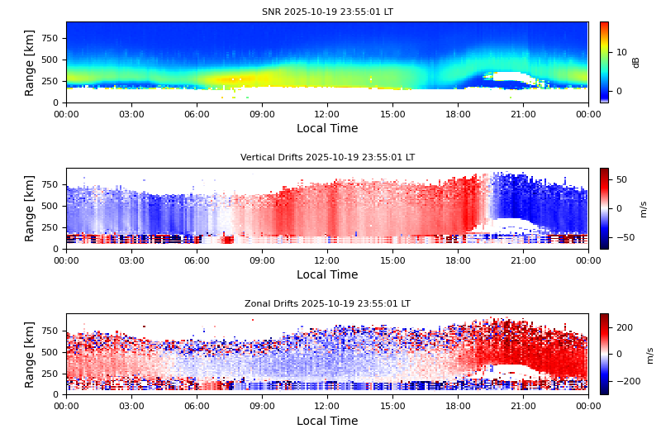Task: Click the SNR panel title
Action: [x=327, y=12]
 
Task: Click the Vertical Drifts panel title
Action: [x=327, y=158]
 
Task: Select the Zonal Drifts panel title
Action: [x=327, y=304]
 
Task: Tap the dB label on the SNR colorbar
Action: [x=636, y=62]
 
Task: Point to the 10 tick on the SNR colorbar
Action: [x=621, y=51]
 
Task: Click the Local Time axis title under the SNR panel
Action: [x=327, y=129]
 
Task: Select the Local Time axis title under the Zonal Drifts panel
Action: [x=327, y=421]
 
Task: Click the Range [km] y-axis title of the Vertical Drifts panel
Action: [x=30, y=208]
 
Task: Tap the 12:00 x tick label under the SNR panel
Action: [x=327, y=114]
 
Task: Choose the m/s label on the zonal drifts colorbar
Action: [x=650, y=354]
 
